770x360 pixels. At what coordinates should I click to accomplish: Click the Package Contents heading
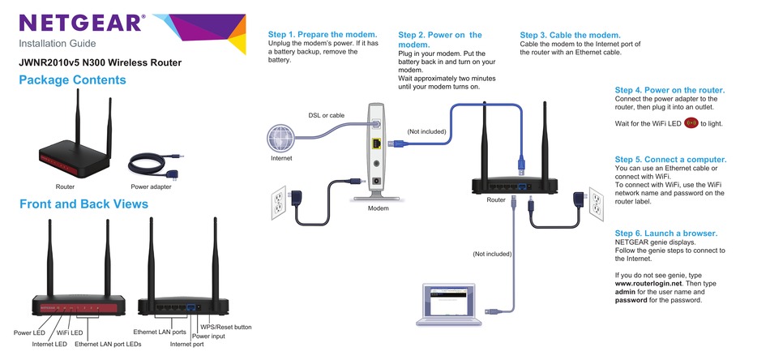click(x=72, y=80)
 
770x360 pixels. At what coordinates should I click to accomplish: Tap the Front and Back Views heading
click(x=83, y=204)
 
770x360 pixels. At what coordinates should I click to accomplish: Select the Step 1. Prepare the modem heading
click(x=323, y=35)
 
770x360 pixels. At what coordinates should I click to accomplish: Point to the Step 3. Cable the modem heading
click(x=570, y=35)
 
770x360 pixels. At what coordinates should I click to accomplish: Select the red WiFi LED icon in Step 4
click(x=691, y=123)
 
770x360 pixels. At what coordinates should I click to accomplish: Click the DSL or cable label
click(x=326, y=116)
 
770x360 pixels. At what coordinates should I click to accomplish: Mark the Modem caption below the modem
click(x=378, y=209)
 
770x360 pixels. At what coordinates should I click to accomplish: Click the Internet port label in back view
click(x=187, y=345)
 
